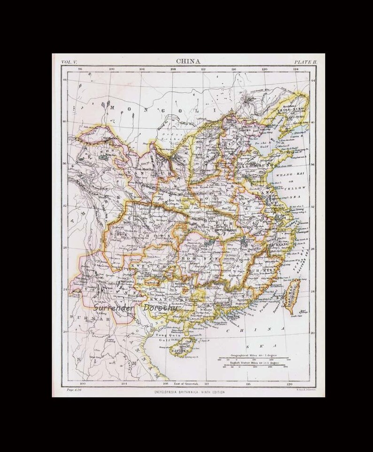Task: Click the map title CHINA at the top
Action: [188, 61]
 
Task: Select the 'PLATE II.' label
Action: [306, 62]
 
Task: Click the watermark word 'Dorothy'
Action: [161, 308]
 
